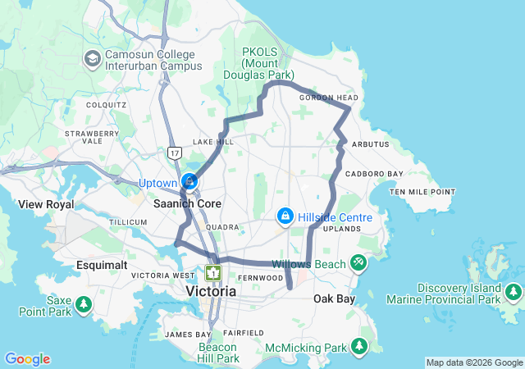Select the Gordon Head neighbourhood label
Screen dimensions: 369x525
point(325,98)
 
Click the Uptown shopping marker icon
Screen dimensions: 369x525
point(189,180)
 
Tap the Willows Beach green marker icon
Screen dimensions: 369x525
point(358,263)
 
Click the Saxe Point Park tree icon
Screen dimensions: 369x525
point(84,306)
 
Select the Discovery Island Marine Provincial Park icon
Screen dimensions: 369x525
point(514,292)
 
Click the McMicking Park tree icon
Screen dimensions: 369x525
point(358,348)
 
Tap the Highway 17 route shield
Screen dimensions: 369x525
point(174,153)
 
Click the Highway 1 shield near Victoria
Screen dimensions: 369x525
point(213,272)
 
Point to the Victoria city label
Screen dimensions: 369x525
point(211,291)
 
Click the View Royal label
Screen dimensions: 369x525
point(46,204)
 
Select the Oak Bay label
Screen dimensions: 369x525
point(335,299)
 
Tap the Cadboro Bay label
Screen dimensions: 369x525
point(374,174)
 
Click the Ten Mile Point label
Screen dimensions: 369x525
point(422,192)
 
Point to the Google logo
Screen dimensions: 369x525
point(27,359)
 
